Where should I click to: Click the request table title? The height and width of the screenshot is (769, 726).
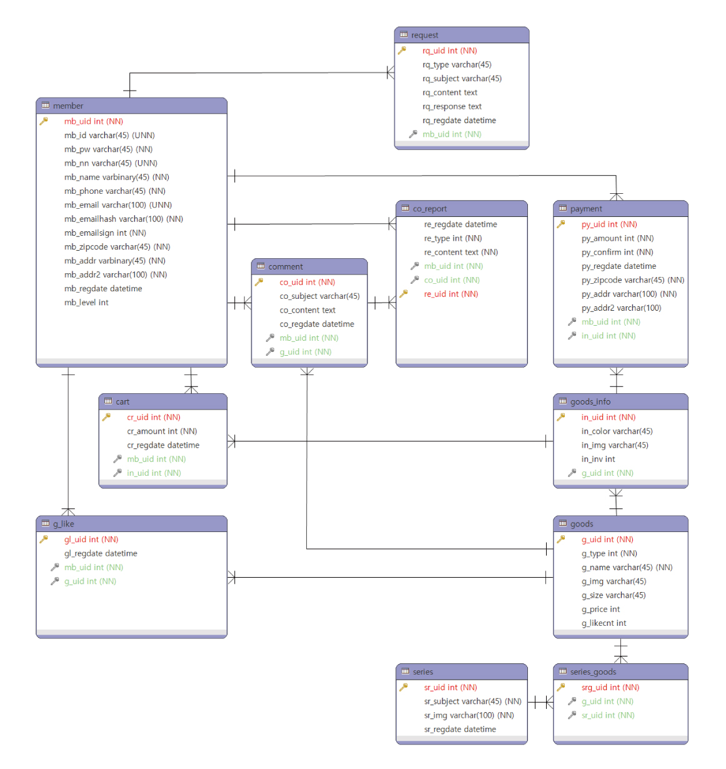(425, 35)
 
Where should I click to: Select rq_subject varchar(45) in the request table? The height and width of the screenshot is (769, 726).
(462, 79)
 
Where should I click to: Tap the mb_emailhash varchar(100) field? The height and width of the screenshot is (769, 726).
(123, 219)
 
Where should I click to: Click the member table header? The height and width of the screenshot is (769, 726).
(68, 106)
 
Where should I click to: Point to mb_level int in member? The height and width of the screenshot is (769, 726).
(86, 303)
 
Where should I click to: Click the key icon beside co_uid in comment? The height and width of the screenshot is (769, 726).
(259, 282)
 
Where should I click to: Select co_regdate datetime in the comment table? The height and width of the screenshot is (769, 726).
(317, 324)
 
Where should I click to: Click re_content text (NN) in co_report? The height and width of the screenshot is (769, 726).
(460, 253)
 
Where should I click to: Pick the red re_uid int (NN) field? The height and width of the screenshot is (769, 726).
(450, 294)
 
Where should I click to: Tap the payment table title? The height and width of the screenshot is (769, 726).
(586, 209)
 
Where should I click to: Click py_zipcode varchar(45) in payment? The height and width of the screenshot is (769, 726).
(632, 280)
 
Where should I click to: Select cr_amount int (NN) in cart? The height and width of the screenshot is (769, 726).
(162, 431)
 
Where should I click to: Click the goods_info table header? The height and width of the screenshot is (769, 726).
(590, 401)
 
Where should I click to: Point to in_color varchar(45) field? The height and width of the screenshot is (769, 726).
(617, 431)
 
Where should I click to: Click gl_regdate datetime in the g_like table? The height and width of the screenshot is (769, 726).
(101, 553)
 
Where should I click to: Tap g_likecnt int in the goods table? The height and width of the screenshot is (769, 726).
(604, 623)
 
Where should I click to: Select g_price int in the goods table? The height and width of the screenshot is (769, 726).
(600, 610)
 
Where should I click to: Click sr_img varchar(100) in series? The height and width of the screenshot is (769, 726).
(469, 715)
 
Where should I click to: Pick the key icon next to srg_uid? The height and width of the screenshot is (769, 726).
(561, 687)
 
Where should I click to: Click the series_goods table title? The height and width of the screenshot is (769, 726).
(593, 671)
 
